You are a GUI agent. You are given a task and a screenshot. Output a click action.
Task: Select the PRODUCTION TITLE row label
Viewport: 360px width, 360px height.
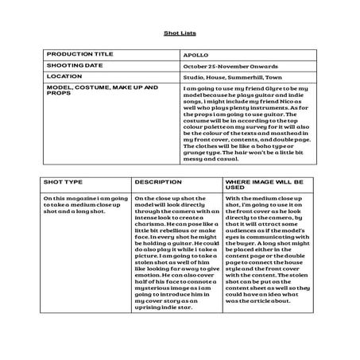[x=74, y=56]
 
